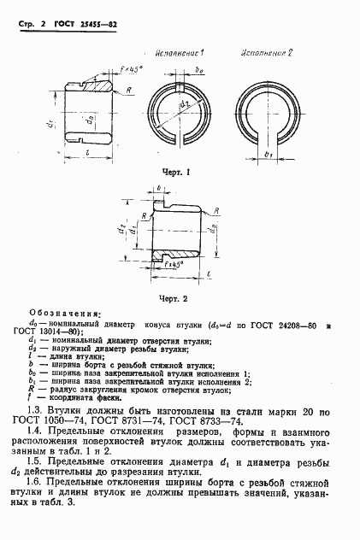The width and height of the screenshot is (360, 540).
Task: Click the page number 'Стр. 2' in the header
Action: (31, 28)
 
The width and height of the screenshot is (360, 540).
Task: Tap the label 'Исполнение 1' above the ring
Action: (191, 53)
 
